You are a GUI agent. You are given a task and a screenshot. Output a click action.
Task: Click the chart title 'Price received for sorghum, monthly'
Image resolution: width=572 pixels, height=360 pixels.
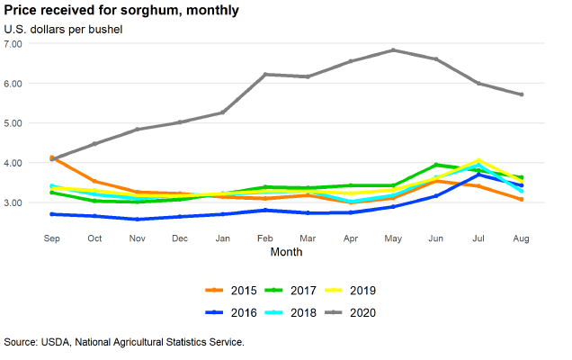(121, 11)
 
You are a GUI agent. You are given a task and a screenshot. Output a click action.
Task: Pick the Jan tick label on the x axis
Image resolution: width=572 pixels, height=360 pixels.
(222, 238)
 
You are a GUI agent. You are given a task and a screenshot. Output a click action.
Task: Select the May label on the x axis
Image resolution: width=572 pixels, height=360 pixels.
(393, 238)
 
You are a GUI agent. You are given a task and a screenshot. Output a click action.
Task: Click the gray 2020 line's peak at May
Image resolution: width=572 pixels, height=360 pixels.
(393, 50)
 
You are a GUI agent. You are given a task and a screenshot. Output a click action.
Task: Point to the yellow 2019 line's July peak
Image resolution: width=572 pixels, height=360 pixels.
(479, 160)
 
